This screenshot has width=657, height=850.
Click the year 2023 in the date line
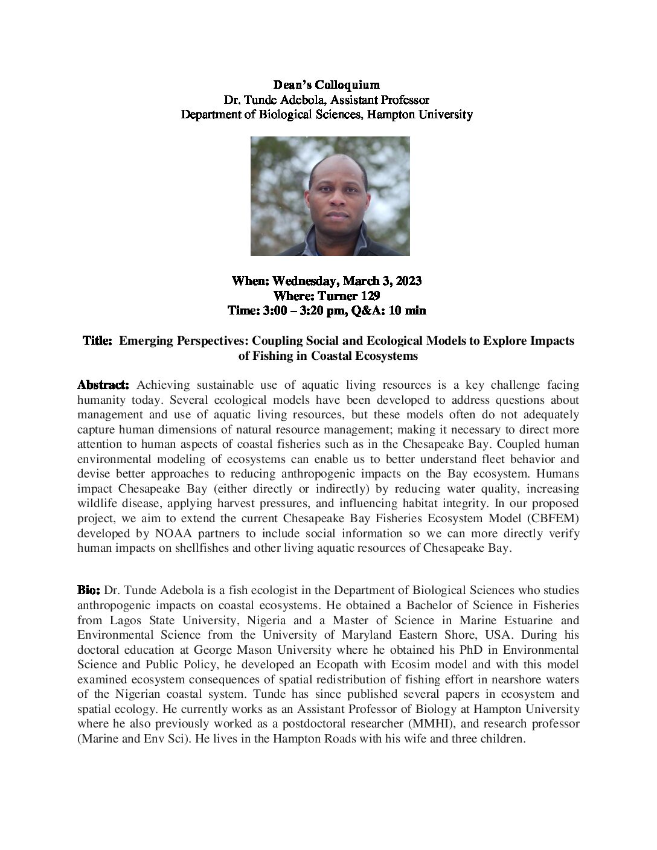point(408,281)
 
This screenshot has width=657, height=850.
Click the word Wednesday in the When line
point(308,281)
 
